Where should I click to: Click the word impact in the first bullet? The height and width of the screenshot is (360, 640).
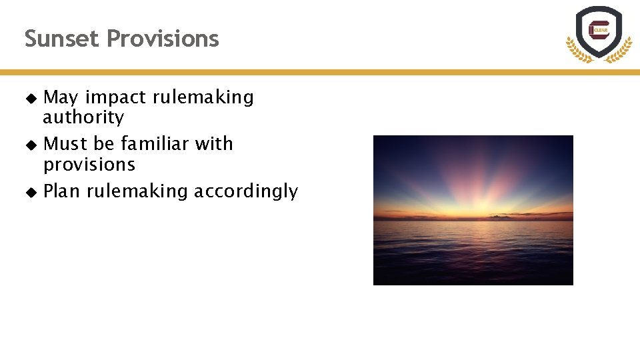(115, 97)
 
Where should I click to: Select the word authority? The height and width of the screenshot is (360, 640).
(83, 118)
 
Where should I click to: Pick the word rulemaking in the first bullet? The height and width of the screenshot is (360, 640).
(203, 97)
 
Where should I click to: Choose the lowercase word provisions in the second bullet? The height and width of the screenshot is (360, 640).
(89, 165)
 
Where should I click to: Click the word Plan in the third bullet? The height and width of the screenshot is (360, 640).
(62, 191)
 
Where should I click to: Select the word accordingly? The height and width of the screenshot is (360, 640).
(246, 191)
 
